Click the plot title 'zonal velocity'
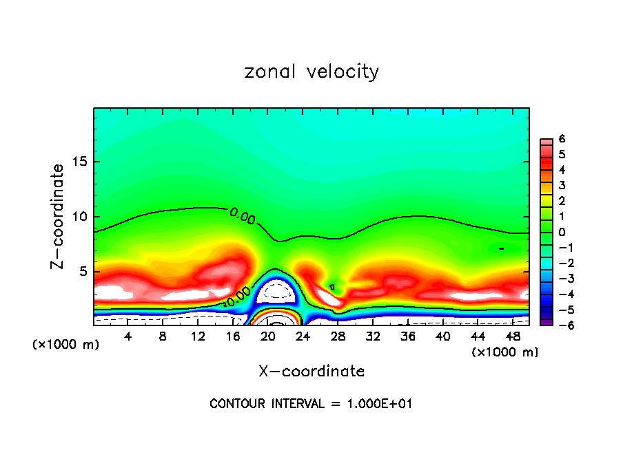pyautogui.click(x=311, y=72)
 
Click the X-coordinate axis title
pyautogui.click(x=311, y=372)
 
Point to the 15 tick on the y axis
pyautogui.click(x=83, y=162)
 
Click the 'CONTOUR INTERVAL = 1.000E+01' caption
pyautogui.click(x=311, y=404)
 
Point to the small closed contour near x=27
pyautogui.click(x=332, y=286)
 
